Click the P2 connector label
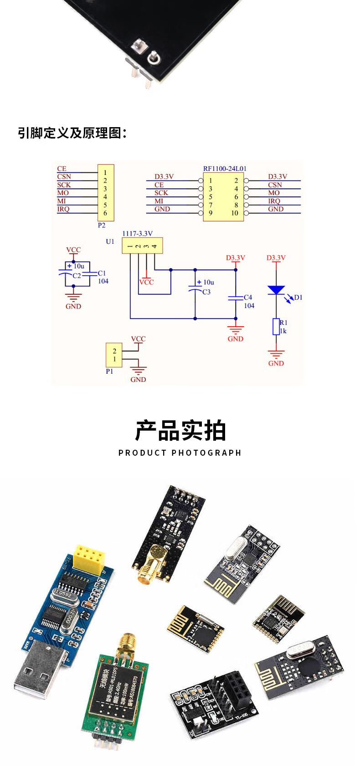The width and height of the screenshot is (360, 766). (x=102, y=225)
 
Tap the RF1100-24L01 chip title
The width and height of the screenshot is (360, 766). (x=225, y=169)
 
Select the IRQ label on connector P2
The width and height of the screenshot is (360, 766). (x=63, y=209)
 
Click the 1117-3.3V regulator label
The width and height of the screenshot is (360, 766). (x=137, y=233)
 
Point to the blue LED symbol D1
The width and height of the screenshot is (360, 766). (x=276, y=290)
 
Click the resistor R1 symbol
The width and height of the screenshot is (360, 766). (x=276, y=327)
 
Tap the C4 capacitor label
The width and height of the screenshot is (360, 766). (x=248, y=297)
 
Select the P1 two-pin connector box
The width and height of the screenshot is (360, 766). (x=114, y=355)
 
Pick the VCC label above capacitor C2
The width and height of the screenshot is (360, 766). (x=73, y=250)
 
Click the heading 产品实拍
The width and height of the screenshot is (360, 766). (x=180, y=431)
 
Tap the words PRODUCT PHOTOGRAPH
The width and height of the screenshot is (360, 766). (x=180, y=452)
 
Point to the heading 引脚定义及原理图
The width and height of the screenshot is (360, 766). (x=72, y=133)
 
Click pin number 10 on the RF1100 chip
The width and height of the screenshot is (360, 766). (x=235, y=213)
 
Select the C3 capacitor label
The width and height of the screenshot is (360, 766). (x=206, y=292)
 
